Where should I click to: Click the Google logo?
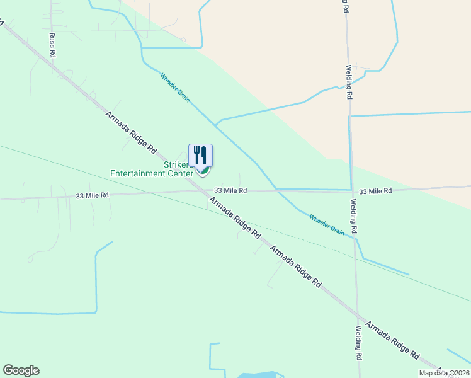tap(21, 370)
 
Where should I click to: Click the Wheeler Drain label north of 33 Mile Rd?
tap(174, 88)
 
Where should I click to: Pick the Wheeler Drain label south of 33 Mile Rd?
tap(327, 225)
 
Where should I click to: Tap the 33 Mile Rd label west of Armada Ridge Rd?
tap(92, 196)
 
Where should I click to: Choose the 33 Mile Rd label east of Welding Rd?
tap(375, 190)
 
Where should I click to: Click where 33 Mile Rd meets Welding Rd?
tap(351, 190)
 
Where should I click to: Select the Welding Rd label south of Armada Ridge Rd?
tap(358, 342)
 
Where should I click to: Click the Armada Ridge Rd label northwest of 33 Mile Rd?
tap(130, 132)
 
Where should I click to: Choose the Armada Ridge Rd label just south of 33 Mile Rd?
tap(234, 217)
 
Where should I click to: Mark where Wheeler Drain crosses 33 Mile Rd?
tap(276, 190)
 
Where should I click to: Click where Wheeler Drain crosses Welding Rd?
tap(355, 238)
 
